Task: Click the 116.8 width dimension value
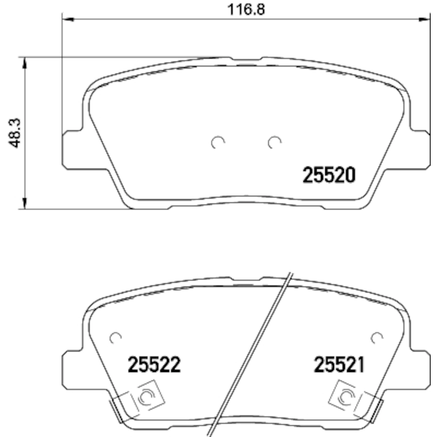coord(246,9)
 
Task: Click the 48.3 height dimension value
coord(15,133)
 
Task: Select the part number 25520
coord(329,175)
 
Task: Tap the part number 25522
coord(154,365)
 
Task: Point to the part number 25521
coord(339,365)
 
